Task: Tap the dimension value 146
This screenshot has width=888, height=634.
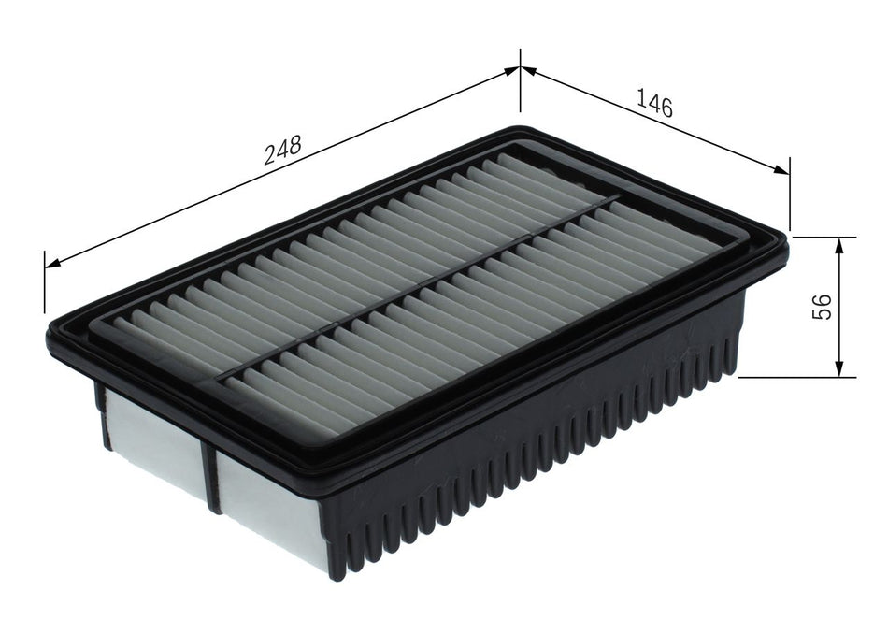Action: [x=654, y=101]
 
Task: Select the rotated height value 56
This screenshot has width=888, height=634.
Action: [x=822, y=306]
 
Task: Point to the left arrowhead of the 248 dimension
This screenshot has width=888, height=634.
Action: [x=51, y=263]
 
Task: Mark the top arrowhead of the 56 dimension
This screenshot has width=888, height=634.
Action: [x=839, y=243]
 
